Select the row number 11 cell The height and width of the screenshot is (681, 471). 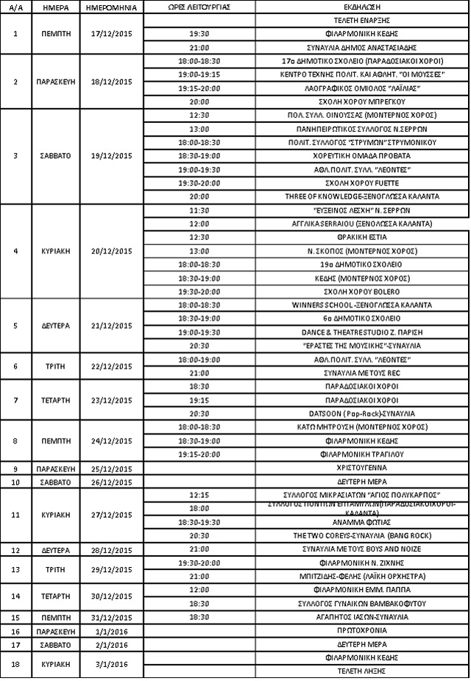(x=15, y=514)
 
